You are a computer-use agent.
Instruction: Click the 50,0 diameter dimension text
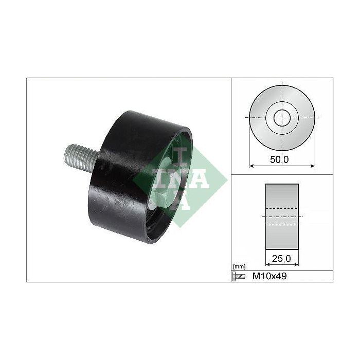(x=279, y=159)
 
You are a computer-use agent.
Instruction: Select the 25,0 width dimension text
(x=281, y=259)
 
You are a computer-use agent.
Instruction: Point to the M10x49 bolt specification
(x=269, y=276)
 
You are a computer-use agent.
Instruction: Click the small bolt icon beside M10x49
(x=239, y=276)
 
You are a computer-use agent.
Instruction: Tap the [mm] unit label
(x=239, y=267)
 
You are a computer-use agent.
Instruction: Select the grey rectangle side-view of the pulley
(x=282, y=217)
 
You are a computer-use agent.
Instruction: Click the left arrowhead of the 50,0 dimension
(x=251, y=166)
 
